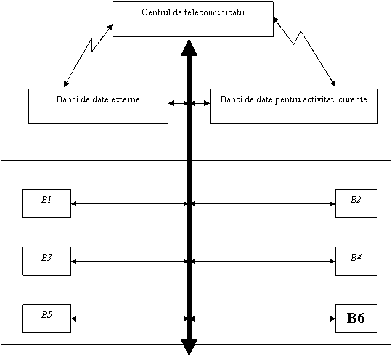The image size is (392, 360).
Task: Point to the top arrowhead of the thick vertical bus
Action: [x=189, y=47]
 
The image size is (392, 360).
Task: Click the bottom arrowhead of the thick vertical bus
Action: [x=189, y=348]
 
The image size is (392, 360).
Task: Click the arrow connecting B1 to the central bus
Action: [x=129, y=204]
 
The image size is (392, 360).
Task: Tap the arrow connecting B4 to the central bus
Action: [x=264, y=261]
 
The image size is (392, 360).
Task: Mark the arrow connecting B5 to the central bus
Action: [x=129, y=319]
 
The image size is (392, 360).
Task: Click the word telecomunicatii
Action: [x=214, y=12]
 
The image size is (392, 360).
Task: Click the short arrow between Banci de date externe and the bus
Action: [x=178, y=103]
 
